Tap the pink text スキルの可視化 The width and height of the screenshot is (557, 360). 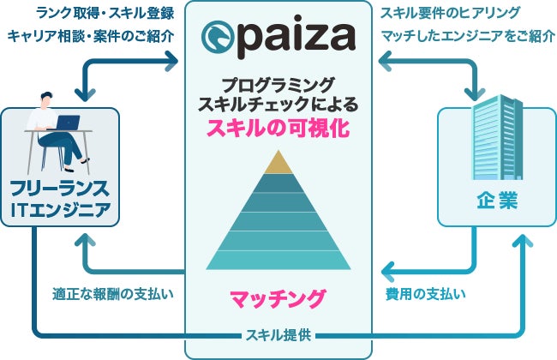pos(278,129)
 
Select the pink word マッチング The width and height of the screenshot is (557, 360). pos(278,299)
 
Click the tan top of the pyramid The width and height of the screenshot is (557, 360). pos(278,162)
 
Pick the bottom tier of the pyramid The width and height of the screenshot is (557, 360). pos(278,259)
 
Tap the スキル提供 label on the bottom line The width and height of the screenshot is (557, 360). pos(278,333)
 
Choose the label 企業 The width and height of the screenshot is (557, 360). pos(484,201)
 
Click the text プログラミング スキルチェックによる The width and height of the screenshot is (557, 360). pos(278,95)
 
